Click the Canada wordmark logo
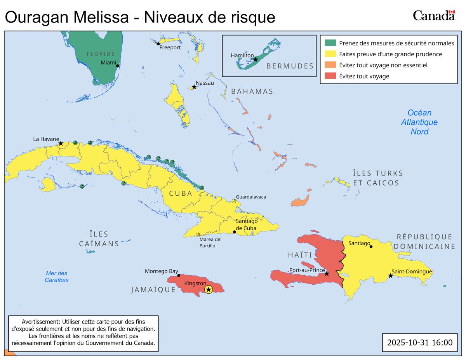pos(433,16)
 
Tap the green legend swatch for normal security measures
pos(330,43)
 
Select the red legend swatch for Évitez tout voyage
pos(330,76)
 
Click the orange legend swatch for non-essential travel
pos(330,65)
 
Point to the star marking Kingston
pos(209,290)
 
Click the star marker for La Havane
pos(61,144)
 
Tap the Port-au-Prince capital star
pos(327,274)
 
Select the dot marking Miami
pos(118,66)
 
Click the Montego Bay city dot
pos(179,276)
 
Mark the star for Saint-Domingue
pos(390,276)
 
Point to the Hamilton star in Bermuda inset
pos(255,59)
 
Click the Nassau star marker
pos(194,87)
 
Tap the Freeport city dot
pos(158,44)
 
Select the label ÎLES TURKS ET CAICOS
pos(377,178)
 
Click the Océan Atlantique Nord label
pos(419,122)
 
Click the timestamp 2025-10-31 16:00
pos(419,343)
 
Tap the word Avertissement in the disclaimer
pos(40,322)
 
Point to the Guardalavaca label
pos(251,197)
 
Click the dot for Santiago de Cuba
pos(234,232)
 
